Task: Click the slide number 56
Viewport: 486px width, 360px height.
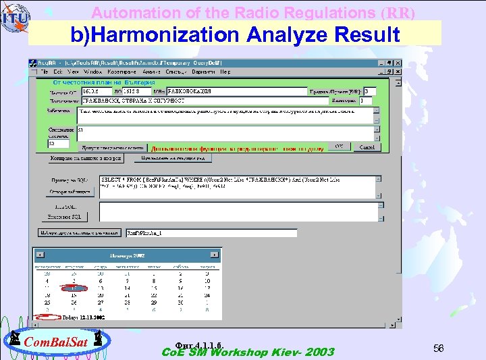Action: tap(439, 348)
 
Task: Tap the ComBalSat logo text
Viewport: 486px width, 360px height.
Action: tap(56, 342)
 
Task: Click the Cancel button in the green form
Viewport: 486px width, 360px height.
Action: tap(367, 147)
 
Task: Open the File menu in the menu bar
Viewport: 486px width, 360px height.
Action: tap(45, 71)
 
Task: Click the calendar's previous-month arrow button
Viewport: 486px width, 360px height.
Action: tap(40, 255)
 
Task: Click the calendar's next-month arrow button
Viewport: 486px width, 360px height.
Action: tap(214, 255)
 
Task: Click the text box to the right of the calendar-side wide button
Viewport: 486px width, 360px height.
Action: tap(211, 233)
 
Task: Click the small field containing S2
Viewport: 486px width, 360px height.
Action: tap(58, 143)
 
